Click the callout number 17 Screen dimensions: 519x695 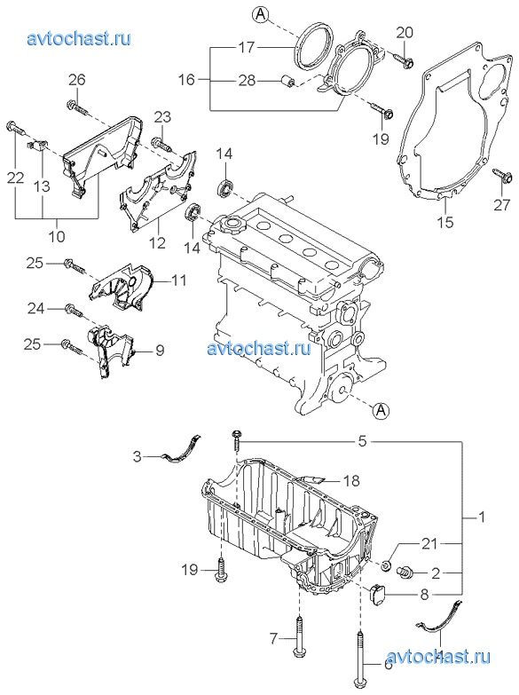(x=247, y=47)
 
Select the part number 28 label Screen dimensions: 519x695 (x=247, y=80)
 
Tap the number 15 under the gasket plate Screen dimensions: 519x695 (x=445, y=222)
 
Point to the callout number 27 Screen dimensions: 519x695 (x=502, y=205)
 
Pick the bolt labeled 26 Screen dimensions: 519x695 (x=76, y=107)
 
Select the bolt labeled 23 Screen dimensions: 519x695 (x=161, y=144)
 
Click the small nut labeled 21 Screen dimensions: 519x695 (x=386, y=565)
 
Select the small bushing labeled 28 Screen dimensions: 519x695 (x=289, y=81)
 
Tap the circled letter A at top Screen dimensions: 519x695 (x=261, y=14)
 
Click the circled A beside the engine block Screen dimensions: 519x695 (x=381, y=411)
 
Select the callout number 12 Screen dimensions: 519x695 (x=157, y=242)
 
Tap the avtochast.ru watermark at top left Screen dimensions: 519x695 (x=79, y=38)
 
